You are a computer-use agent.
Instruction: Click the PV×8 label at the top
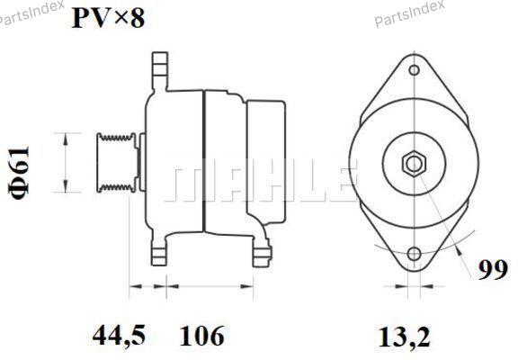tap(108, 18)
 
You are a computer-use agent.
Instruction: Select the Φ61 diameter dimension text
tap(20, 173)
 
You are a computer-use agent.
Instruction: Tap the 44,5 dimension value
tap(119, 335)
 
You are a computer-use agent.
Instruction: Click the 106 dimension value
tap(201, 335)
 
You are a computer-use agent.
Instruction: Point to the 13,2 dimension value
tap(404, 337)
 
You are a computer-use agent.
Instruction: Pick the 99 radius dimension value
tap(493, 270)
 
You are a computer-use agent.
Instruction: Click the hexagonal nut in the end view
tap(414, 164)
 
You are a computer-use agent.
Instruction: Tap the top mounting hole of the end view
tap(414, 70)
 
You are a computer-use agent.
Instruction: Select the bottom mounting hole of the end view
tap(414, 254)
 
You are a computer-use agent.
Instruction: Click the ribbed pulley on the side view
tap(116, 163)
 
